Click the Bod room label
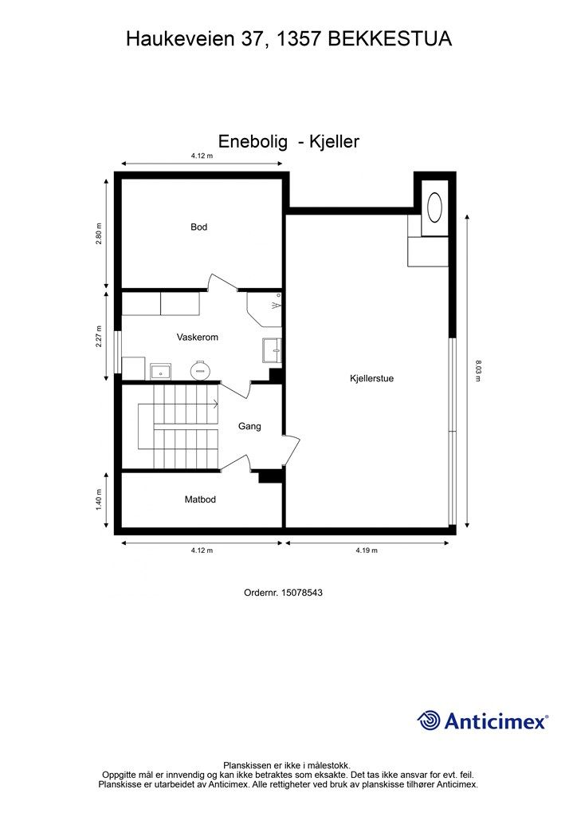[198, 227]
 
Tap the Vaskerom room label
[197, 337]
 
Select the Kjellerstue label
[371, 379]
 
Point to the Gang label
[249, 427]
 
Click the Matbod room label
[200, 500]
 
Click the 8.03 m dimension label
[477, 372]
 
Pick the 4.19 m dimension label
[367, 551]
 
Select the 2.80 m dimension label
[99, 234]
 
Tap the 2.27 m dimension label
[99, 336]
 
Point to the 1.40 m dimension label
[99, 500]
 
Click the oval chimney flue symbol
[436, 208]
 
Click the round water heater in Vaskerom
[198, 370]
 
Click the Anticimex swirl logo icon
[429, 720]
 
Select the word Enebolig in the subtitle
[251, 142]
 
